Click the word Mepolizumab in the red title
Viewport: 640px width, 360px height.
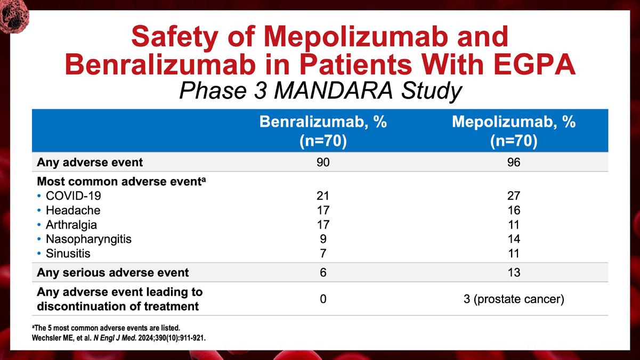(x=356, y=37)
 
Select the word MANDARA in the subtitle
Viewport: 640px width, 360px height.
(x=334, y=91)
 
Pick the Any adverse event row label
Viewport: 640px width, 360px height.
(x=90, y=162)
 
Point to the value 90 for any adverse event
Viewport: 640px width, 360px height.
(x=323, y=162)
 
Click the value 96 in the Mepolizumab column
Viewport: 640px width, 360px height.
(x=513, y=162)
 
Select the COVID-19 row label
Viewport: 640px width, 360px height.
(x=74, y=196)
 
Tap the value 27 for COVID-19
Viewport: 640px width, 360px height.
(x=513, y=196)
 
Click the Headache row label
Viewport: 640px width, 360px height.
(x=73, y=210)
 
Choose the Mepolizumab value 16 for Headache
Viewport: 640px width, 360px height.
(x=514, y=210)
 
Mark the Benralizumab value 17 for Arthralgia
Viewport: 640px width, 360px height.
(x=323, y=225)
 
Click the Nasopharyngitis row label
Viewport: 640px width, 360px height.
(x=88, y=239)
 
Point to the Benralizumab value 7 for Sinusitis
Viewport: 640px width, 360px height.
(x=323, y=253)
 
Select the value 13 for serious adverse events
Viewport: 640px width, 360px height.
(x=514, y=272)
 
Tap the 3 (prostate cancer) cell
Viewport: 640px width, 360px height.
(x=514, y=299)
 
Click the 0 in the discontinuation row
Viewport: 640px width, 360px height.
(x=323, y=299)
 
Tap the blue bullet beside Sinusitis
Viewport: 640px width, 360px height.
(x=39, y=253)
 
